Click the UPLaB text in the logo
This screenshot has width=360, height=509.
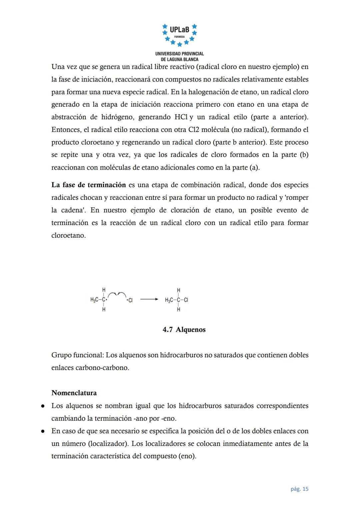179,30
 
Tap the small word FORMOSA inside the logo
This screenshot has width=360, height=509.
179,36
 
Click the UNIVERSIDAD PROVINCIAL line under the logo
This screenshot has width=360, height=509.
179,54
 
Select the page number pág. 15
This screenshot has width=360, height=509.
299,489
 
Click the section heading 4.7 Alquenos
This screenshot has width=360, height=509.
184,330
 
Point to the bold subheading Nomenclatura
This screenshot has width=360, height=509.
74,393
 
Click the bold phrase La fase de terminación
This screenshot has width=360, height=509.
89,185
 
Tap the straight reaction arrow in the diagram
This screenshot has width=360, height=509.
149,300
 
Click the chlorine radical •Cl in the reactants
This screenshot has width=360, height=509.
130,300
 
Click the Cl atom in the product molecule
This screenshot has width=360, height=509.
186,300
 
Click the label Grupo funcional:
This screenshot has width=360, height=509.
77,355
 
